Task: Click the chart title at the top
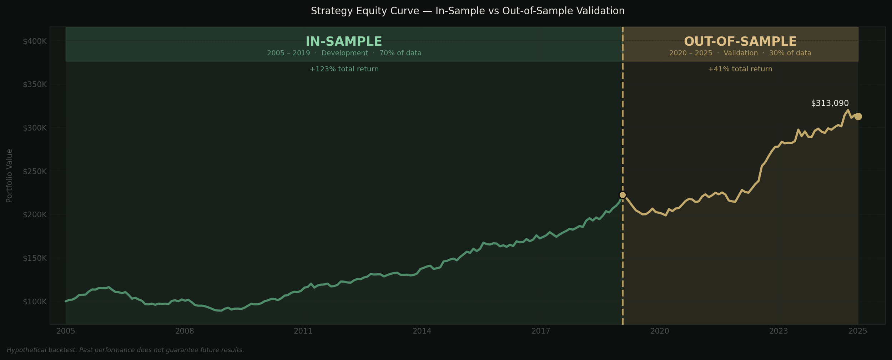(x=468, y=11)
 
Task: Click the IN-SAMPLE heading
(x=344, y=42)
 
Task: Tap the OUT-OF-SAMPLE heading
(x=740, y=42)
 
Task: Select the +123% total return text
(x=344, y=69)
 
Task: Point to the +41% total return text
(x=740, y=69)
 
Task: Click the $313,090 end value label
(x=830, y=103)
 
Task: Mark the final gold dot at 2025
(x=858, y=117)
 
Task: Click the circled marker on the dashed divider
(x=623, y=195)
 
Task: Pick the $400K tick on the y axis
(x=35, y=41)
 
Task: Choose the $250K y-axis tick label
(x=35, y=172)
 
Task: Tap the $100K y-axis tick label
(x=35, y=302)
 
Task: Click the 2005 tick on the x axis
(x=66, y=331)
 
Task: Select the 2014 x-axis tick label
(x=422, y=331)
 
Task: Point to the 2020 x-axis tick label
(x=660, y=331)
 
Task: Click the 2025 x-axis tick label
(x=858, y=331)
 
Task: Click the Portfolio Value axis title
(x=10, y=176)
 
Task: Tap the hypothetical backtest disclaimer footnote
(x=125, y=350)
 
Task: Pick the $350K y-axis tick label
(x=35, y=85)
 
